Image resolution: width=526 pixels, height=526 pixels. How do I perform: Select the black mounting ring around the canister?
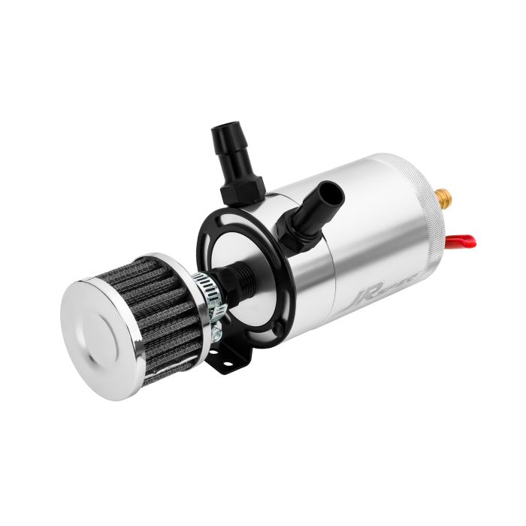(x=206, y=232)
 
